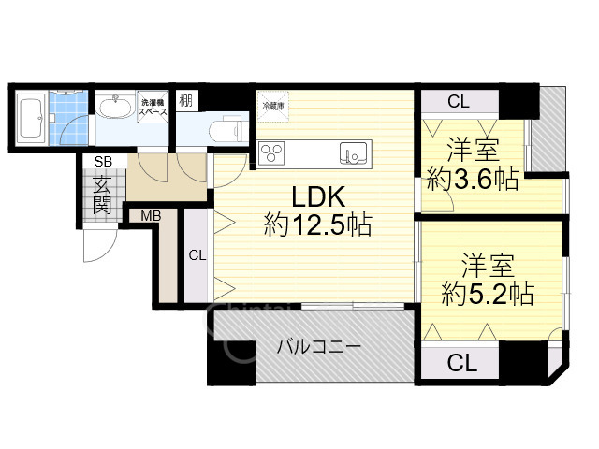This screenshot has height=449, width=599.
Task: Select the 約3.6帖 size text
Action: click(473, 178)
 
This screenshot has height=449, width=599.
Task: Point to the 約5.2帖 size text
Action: click(488, 294)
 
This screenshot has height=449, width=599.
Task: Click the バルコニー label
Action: click(318, 347)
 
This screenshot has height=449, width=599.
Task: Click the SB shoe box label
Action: click(99, 162)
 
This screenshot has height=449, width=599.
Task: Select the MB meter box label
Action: click(151, 217)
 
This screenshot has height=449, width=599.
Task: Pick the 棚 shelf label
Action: click(186, 101)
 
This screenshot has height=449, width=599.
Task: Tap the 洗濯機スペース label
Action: click(153, 106)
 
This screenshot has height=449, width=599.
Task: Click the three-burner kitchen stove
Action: click(273, 152)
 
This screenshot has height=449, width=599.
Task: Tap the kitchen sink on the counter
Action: click(354, 152)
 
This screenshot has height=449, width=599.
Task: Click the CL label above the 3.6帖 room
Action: click(459, 101)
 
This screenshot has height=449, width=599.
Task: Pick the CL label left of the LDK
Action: click(197, 254)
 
